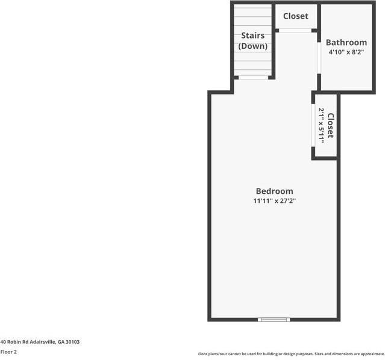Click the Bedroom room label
(274, 191)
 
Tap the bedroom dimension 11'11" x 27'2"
(274, 201)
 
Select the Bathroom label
(346, 43)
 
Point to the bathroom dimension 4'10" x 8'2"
(346, 52)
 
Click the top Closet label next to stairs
(295, 16)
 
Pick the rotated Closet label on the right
(330, 125)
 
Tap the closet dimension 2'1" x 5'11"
(322, 125)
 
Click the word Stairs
(253, 36)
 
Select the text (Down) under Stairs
(253, 46)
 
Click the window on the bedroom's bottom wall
(274, 319)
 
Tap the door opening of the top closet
(295, 30)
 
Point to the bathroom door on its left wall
(319, 58)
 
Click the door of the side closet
(313, 125)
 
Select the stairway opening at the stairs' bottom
(253, 78)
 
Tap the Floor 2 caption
(8, 352)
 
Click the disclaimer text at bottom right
(291, 354)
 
